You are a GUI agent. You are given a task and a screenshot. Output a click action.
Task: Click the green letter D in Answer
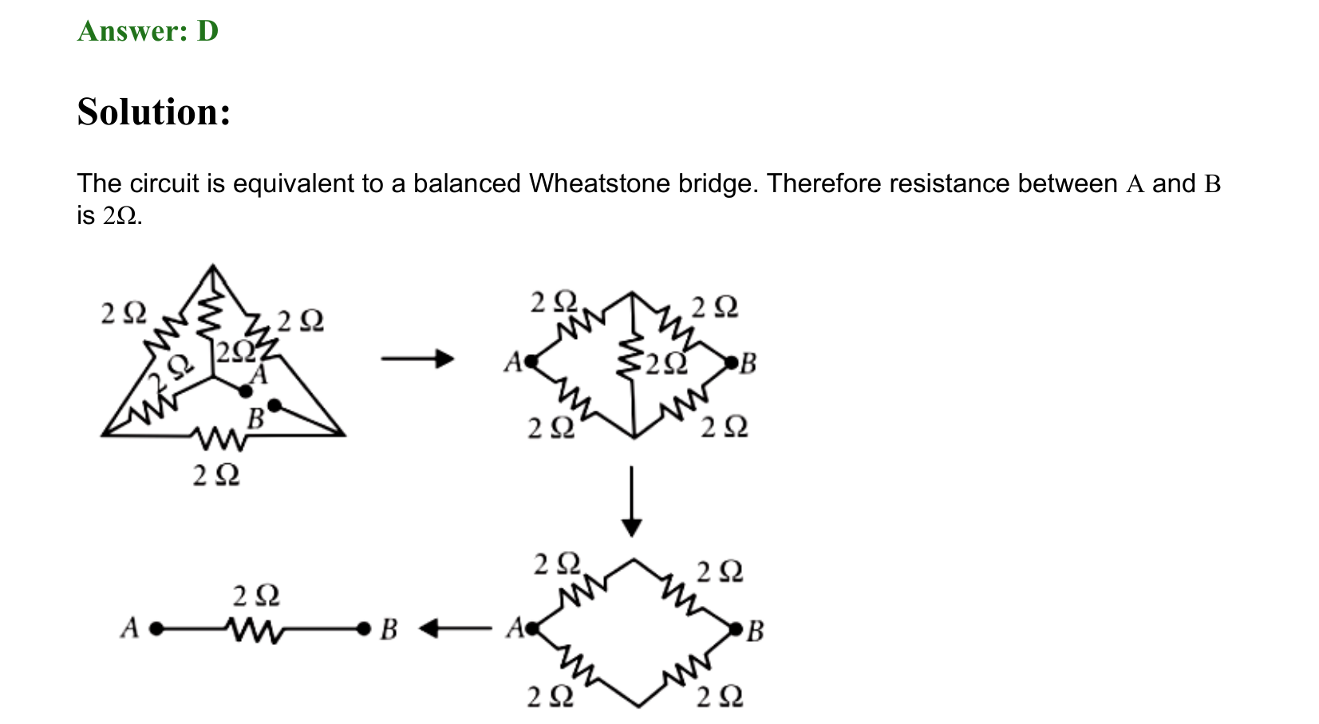[x=207, y=30]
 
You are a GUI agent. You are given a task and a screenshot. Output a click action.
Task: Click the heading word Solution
[x=154, y=112]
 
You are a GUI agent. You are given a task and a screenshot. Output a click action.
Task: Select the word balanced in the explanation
[x=467, y=183]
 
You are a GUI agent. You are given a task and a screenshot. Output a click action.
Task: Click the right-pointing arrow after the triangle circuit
[x=417, y=358]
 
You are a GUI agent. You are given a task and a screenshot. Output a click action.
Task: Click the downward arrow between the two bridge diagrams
[x=632, y=502]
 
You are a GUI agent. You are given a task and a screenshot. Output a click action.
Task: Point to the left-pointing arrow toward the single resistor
[x=455, y=628]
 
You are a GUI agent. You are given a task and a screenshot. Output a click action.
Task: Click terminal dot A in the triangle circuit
[x=246, y=391]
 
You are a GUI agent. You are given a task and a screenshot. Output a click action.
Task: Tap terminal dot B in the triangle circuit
[x=274, y=405]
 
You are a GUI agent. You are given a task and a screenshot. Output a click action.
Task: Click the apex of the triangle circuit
[x=212, y=266]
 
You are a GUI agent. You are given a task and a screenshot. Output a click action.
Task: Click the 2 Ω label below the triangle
[x=216, y=475]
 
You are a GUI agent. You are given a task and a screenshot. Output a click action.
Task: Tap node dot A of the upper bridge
[x=531, y=361]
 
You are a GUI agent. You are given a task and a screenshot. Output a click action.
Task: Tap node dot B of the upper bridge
[x=731, y=363]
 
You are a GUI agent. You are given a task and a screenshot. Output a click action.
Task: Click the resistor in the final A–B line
[x=255, y=630]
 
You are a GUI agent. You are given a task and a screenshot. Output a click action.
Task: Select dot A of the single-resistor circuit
[x=156, y=629]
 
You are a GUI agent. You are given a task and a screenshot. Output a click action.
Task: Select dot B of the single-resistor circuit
[x=364, y=629]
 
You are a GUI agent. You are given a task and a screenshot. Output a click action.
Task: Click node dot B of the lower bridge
[x=736, y=629]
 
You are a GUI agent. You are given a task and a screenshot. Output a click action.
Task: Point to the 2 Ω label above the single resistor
[x=256, y=596]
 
